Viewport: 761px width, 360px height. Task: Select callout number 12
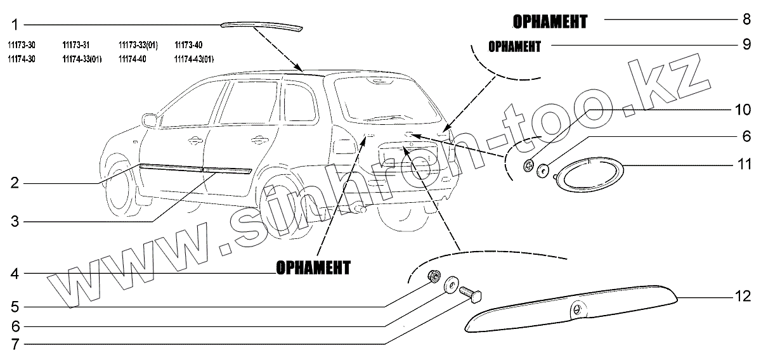point(741,296)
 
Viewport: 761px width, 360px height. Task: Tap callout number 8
point(746,20)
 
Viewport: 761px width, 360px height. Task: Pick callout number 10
point(741,109)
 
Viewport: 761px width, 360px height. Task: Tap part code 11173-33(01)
point(138,45)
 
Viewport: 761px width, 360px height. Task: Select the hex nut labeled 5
point(434,276)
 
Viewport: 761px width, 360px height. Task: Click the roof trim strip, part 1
point(261,26)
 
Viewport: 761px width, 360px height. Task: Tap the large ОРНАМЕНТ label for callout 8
point(550,22)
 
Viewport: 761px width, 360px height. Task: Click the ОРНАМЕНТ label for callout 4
point(313,268)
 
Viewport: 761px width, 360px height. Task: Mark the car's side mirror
point(150,119)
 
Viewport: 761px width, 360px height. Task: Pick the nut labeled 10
point(527,166)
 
